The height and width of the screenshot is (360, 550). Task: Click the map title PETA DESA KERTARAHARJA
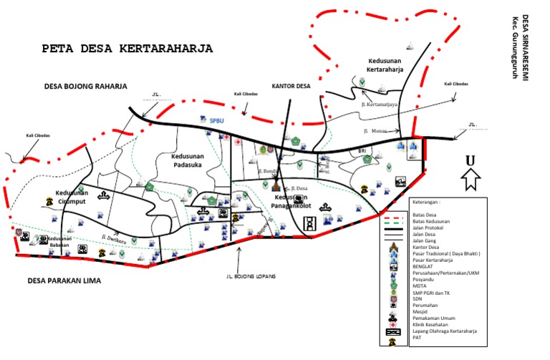[x=127, y=49]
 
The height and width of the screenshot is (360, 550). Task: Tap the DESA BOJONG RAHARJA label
[x=85, y=86]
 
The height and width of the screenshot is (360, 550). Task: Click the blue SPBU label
[x=217, y=121]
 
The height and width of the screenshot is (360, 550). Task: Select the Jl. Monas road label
[x=375, y=131]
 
